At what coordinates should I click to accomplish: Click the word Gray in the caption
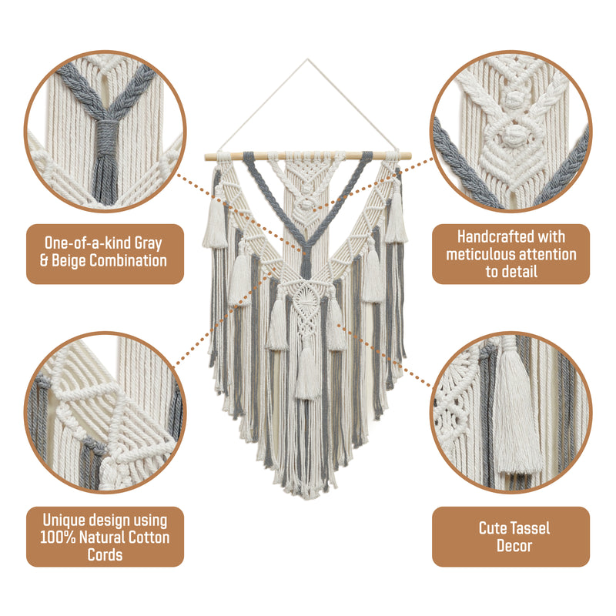pos(148,243)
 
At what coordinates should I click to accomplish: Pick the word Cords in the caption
pos(105,554)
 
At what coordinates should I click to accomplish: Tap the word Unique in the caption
pos(64,521)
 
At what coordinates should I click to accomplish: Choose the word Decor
pos(514,546)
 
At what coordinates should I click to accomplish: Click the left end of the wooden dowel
pos(206,157)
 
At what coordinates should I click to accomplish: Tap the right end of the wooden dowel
pos(410,156)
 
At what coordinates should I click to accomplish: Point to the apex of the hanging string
pos(307,60)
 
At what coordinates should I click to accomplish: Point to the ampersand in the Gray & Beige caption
pos(44,261)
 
